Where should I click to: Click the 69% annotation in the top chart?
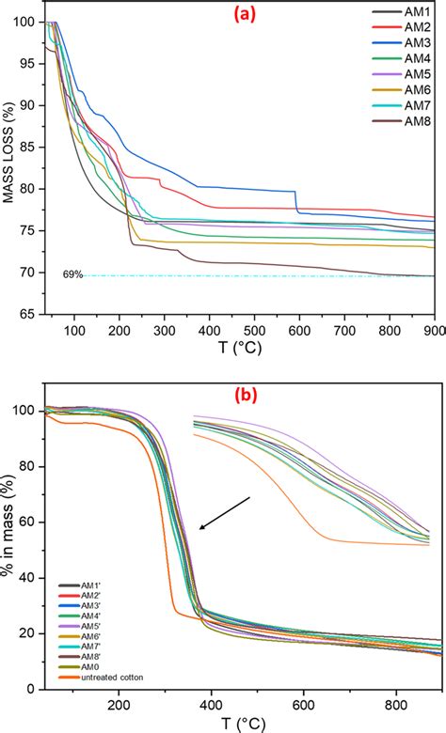pos(72,274)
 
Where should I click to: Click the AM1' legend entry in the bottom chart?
pos(81,560)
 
